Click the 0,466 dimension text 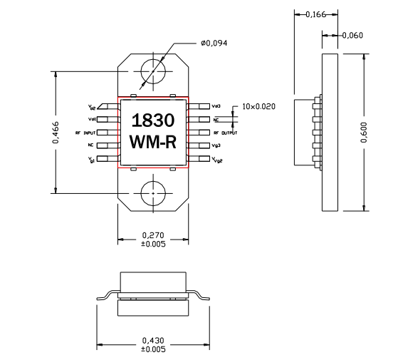[x=56, y=133]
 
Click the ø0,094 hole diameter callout [x=213, y=43]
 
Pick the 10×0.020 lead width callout [x=258, y=106]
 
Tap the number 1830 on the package [x=153, y=119]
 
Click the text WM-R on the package [x=153, y=143]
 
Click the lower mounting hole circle [x=153, y=192]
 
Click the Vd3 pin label [x=216, y=106]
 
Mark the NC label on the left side [x=91, y=145]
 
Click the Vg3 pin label [x=216, y=145]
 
